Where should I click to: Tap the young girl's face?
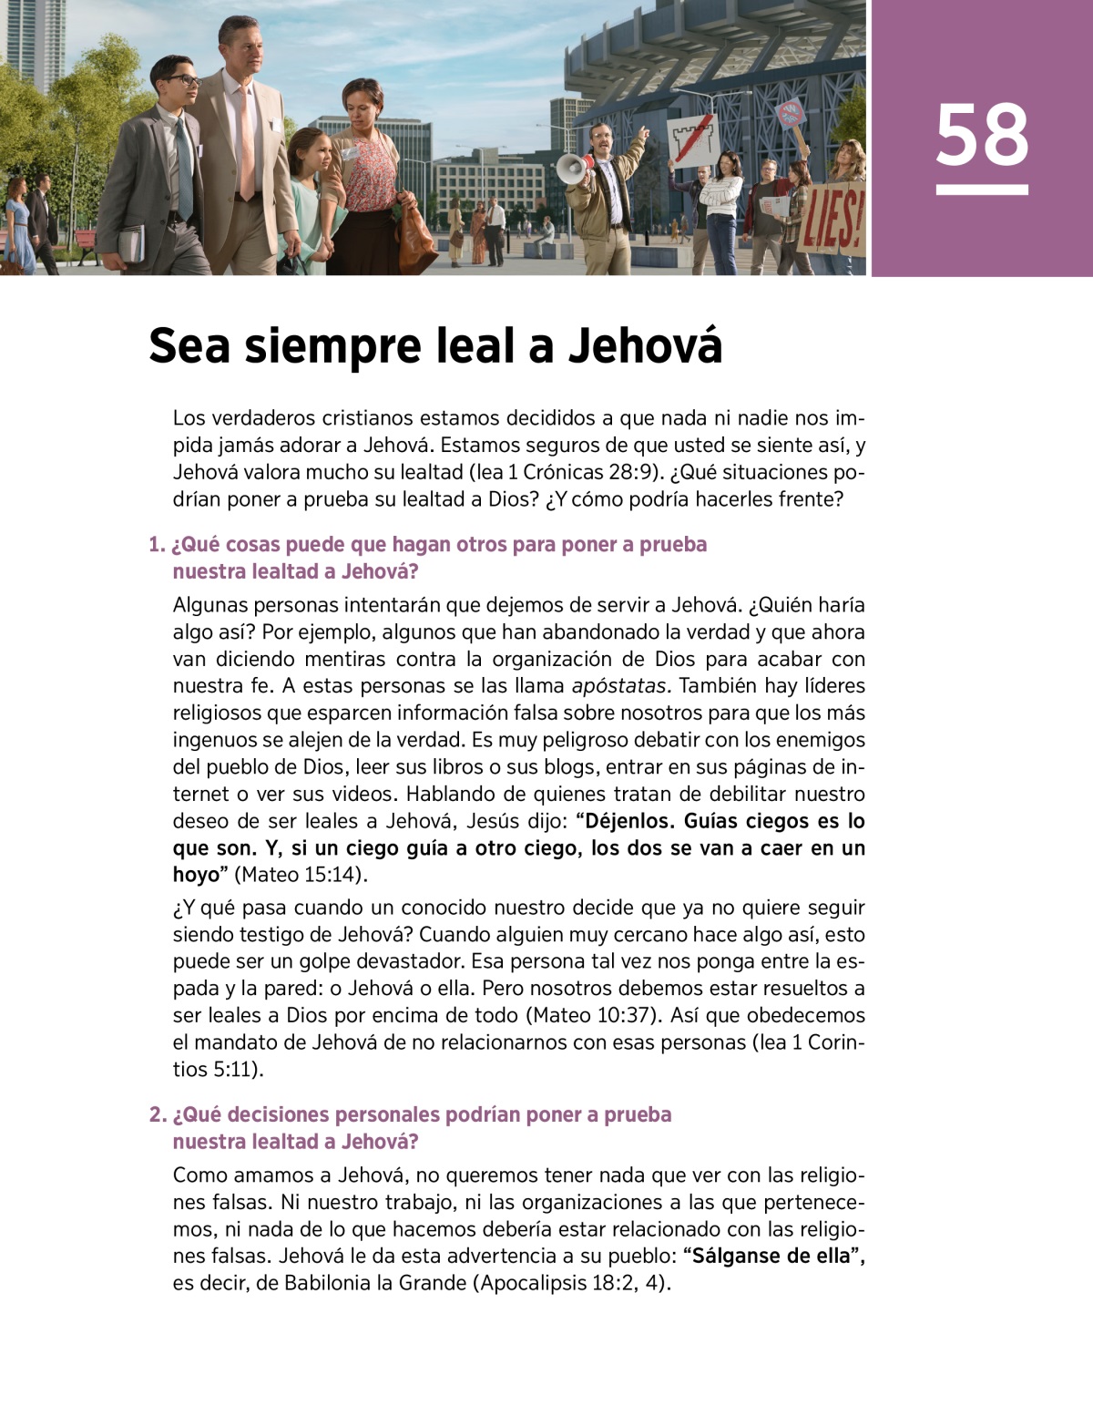pos(303,149)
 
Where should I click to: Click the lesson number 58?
pos(981,136)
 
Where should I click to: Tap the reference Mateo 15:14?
pos(301,875)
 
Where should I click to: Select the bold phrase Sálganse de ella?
pos(771,1256)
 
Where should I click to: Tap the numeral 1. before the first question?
pos(157,545)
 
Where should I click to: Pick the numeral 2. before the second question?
pos(158,1114)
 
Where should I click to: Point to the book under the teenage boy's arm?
pos(131,242)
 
